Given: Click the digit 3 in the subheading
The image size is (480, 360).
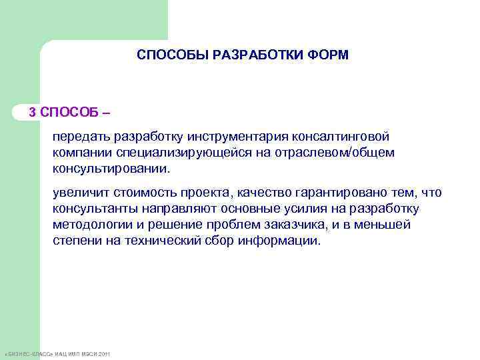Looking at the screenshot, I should (x=32, y=111).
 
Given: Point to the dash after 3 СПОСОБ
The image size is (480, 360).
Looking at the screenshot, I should (x=107, y=111).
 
